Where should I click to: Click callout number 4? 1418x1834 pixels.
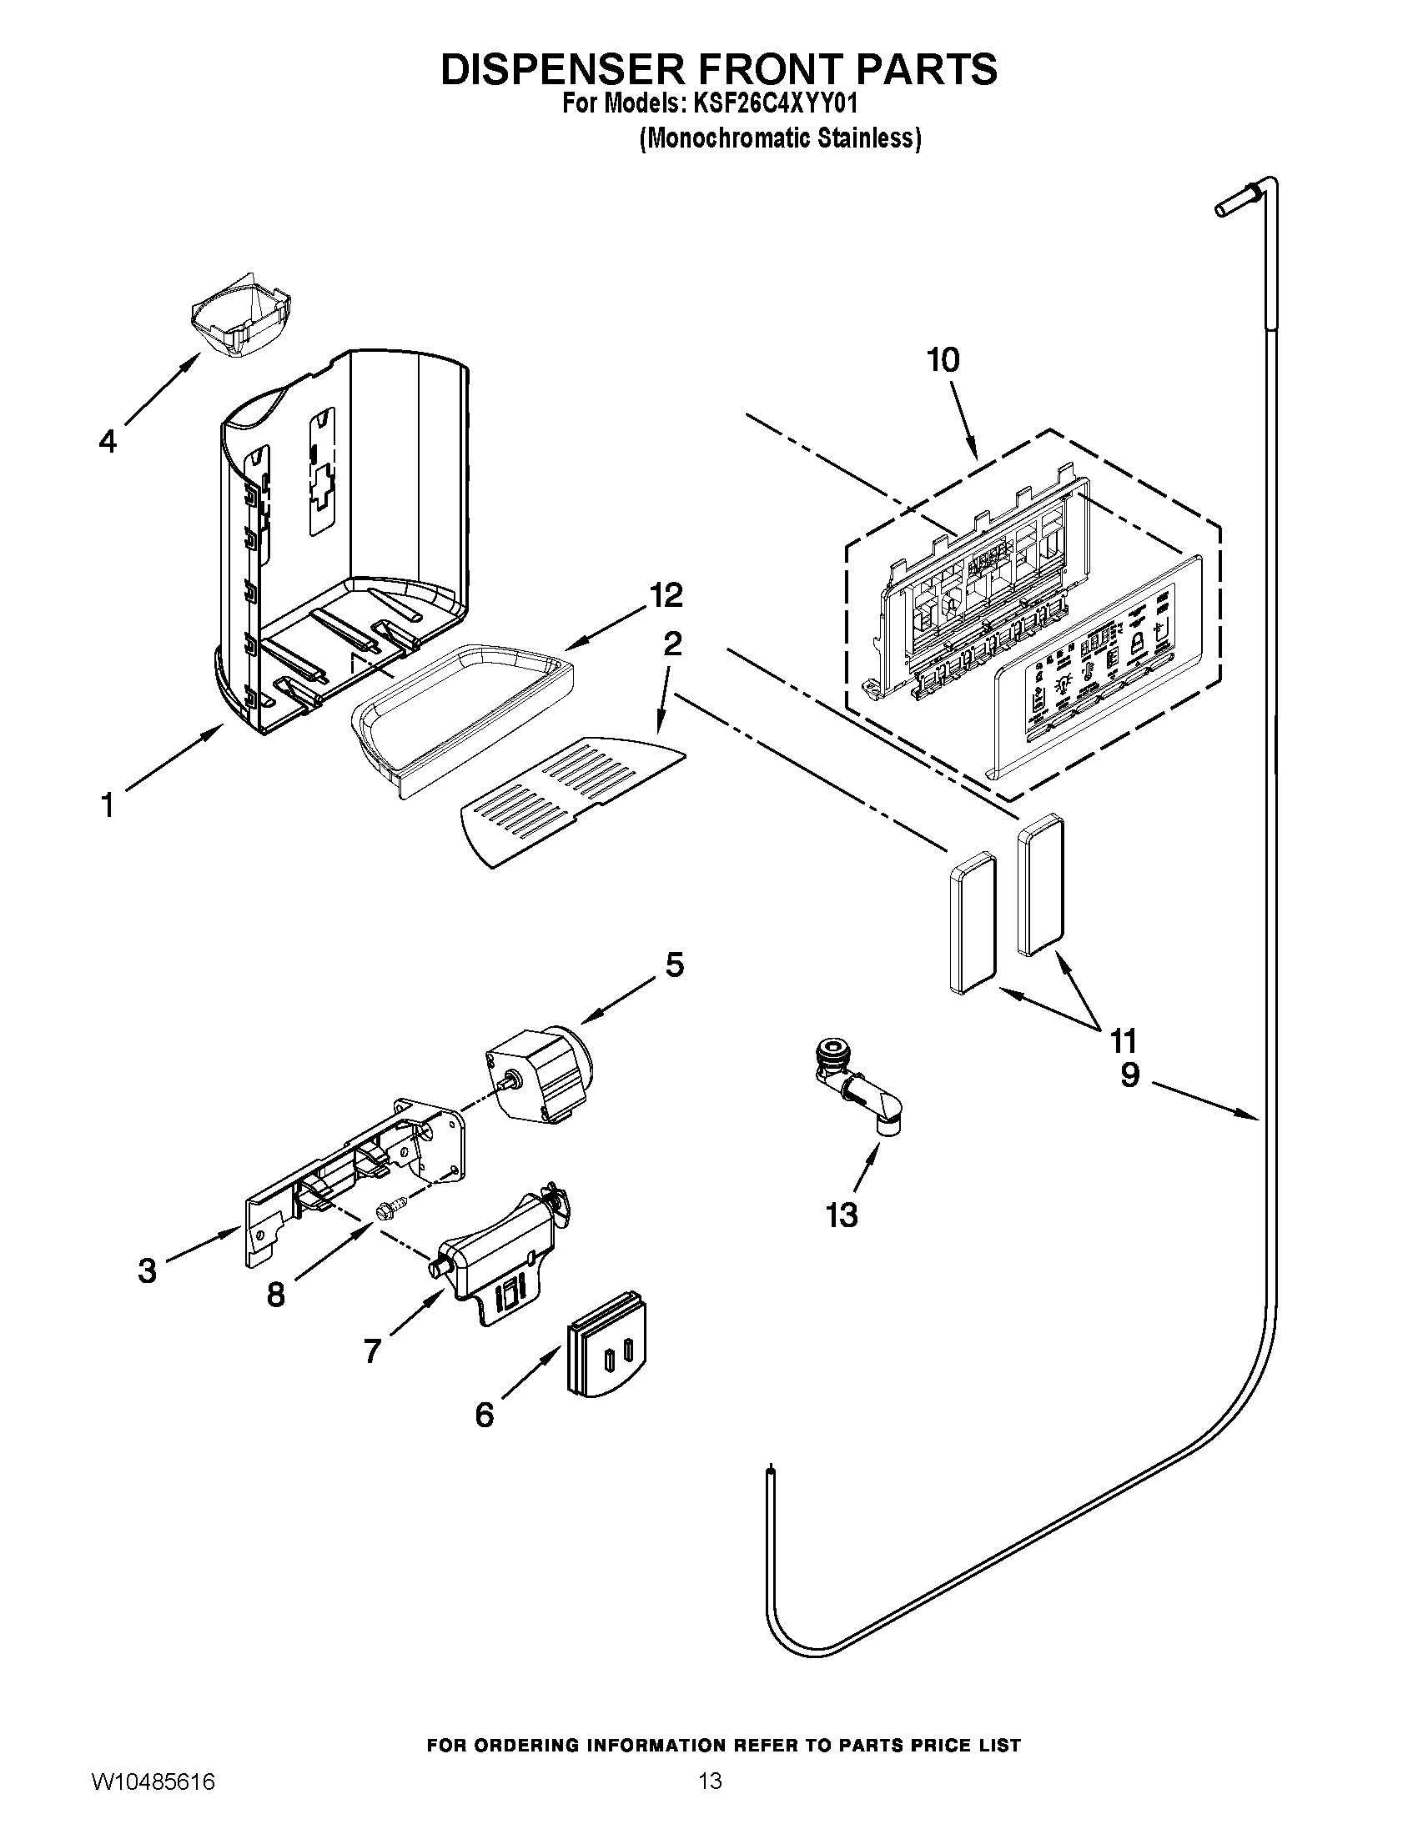click(108, 441)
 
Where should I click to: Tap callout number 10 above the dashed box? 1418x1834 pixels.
click(943, 360)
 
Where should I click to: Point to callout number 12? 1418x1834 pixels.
click(666, 595)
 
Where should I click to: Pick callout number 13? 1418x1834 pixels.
click(842, 1215)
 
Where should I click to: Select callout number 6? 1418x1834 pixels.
click(485, 1416)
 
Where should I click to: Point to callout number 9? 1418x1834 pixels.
click(1130, 1075)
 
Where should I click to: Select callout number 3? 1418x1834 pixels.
click(147, 1271)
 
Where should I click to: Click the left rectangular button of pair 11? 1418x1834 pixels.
click(973, 924)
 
